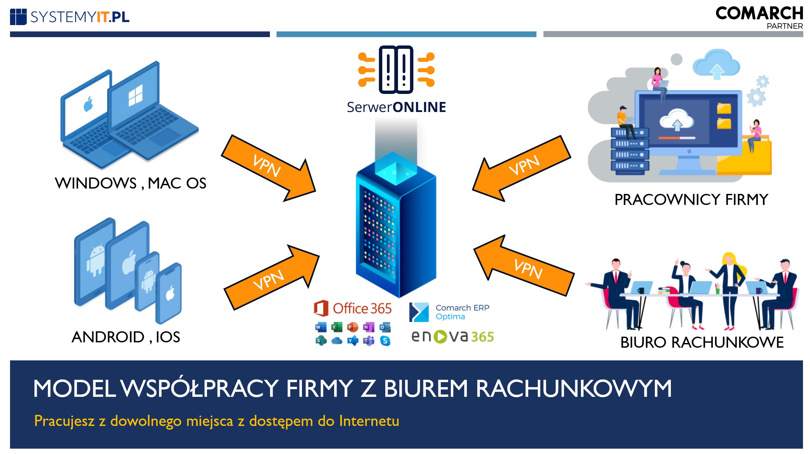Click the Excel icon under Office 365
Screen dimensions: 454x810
(336, 327)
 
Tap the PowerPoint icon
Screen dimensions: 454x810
(352, 327)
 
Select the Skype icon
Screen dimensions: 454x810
(385, 341)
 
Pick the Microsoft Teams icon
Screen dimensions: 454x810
(369, 341)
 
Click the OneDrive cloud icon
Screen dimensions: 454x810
(336, 341)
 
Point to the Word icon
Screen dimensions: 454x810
(320, 327)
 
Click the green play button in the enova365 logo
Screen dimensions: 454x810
(440, 337)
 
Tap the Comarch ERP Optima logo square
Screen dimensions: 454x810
(419, 312)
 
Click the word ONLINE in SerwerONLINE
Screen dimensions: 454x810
(419, 107)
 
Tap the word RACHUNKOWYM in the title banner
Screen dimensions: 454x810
(573, 388)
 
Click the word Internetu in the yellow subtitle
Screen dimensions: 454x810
(369, 421)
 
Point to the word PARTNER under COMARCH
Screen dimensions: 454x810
(785, 26)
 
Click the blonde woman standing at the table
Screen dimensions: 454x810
(729, 288)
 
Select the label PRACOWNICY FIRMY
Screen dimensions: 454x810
(691, 200)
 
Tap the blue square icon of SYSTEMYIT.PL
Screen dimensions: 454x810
(18, 17)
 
